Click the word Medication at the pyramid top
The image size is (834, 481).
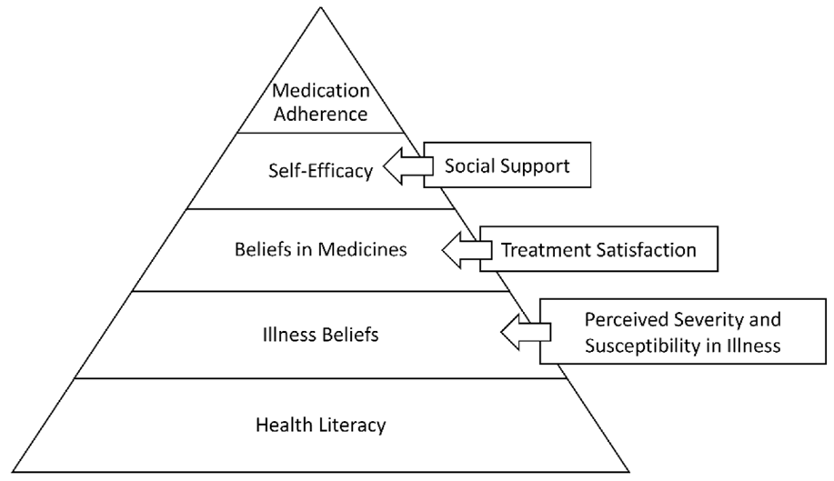point(321,90)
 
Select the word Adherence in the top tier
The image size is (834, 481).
point(321,114)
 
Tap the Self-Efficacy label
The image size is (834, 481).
point(321,171)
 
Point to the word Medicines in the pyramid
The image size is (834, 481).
point(363,249)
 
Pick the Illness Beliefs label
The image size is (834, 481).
point(321,335)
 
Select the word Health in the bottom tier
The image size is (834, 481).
point(285,425)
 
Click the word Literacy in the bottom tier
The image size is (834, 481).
point(353,426)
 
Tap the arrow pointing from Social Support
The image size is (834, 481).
point(408,165)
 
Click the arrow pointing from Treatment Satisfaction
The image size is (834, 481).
point(467,249)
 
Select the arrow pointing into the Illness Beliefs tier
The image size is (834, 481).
point(526,332)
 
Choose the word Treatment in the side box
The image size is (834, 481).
point(547,250)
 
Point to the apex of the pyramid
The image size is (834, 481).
point(321,7)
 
